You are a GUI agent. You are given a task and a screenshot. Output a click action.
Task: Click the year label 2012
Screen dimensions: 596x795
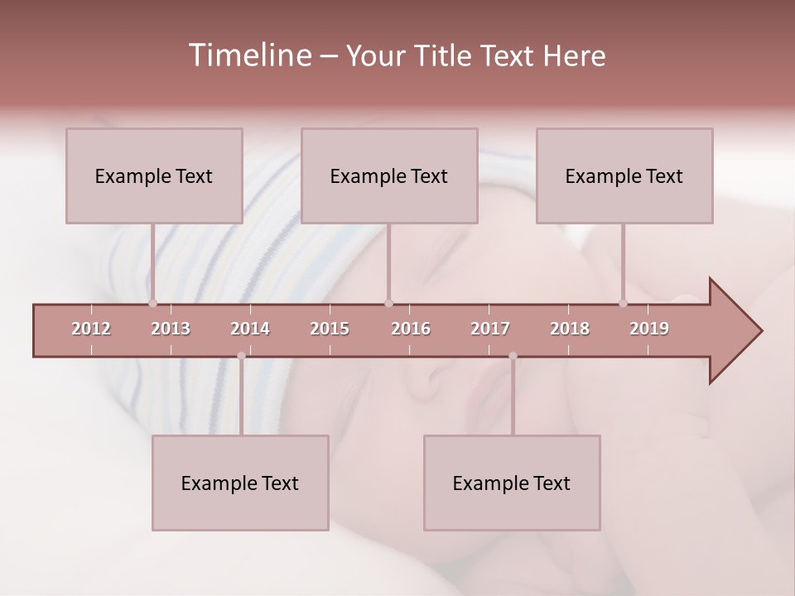pos(91,329)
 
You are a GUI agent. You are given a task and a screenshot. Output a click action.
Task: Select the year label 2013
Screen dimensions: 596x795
pos(171,329)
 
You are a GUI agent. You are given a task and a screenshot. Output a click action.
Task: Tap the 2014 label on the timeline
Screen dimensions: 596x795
pos(250,329)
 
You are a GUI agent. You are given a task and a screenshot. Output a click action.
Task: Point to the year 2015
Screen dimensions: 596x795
pos(330,329)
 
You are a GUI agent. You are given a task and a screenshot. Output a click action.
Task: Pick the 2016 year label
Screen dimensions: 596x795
pos(411,329)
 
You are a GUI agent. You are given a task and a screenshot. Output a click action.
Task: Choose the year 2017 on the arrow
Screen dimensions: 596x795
pos(490,329)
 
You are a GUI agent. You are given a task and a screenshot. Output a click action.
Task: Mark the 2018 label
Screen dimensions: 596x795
pos(570,329)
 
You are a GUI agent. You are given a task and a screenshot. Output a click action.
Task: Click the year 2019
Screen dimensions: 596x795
pos(649,329)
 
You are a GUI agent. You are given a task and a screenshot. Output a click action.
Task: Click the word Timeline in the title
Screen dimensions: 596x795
pos(248,55)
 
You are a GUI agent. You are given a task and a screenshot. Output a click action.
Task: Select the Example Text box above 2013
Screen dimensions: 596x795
pos(154,175)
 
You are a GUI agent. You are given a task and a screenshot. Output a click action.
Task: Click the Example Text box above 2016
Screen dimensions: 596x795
pos(389,175)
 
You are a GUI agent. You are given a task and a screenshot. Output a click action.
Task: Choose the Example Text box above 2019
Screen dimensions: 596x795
pos(624,175)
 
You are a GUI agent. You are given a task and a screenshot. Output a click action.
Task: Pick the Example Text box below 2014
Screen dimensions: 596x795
pos(240,483)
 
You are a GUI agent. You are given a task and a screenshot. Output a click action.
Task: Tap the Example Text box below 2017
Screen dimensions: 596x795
pos(512,483)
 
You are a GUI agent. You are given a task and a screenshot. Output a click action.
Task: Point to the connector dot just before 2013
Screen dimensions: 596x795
pos(152,304)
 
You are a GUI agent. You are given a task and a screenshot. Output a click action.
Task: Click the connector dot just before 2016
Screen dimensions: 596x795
pos(388,304)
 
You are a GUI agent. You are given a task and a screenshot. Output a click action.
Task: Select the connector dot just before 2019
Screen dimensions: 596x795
pos(624,304)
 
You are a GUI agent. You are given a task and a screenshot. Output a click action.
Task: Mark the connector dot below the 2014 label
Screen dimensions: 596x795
pos(241,356)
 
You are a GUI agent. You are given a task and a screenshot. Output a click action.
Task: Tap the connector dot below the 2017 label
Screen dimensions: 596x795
pos(513,356)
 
